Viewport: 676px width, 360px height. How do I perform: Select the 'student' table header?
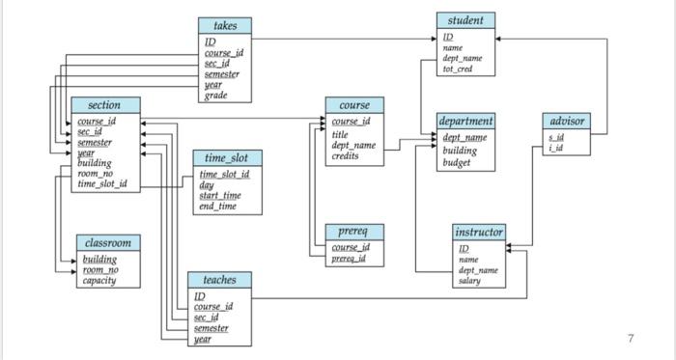[x=466, y=20]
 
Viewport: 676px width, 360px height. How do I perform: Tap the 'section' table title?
[x=104, y=104]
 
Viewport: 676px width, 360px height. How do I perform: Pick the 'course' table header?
[x=354, y=104]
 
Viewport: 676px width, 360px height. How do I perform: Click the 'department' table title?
[x=466, y=122]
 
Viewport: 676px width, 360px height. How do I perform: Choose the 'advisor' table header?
[x=566, y=122]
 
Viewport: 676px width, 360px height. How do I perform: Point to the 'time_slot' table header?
[x=227, y=157]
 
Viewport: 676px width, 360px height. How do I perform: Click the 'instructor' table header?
[x=478, y=233]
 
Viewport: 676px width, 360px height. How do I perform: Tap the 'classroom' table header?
[x=107, y=242]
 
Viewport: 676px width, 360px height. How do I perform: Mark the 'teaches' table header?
[x=219, y=279]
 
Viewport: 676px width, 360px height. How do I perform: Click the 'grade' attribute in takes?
[x=215, y=95]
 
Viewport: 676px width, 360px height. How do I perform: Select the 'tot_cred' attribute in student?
[x=458, y=69]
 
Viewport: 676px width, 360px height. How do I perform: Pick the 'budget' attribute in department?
[x=457, y=163]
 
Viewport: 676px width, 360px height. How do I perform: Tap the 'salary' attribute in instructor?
[x=469, y=281]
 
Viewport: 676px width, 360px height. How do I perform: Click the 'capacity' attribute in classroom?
[x=99, y=281]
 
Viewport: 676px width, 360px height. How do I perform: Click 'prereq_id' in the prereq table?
[x=349, y=259]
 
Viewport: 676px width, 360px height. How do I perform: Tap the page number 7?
[x=630, y=338]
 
